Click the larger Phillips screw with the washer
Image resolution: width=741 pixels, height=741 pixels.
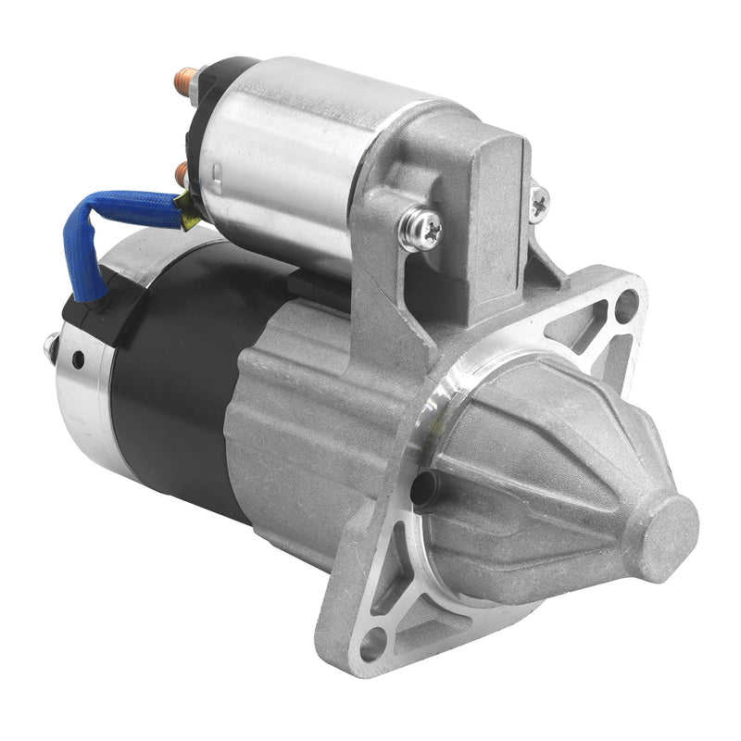coord(420,229)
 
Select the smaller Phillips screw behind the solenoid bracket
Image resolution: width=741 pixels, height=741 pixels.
coord(538,203)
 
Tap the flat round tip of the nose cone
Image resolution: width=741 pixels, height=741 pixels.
coord(670,538)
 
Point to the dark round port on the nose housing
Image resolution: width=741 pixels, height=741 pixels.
coord(423,487)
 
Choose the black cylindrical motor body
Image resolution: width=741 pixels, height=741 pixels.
coord(176,389)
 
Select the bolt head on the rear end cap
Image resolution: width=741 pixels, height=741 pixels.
coord(51,348)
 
